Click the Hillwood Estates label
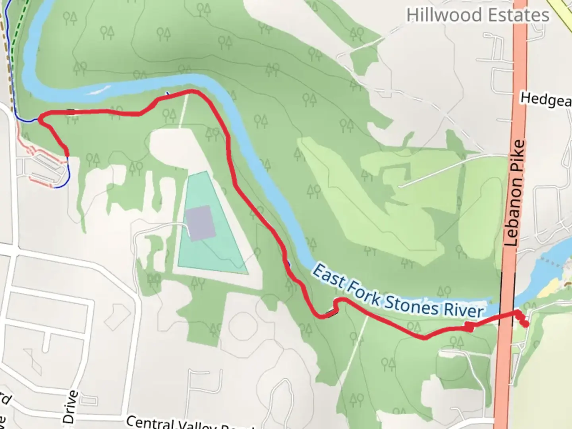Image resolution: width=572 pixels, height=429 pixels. (477, 15)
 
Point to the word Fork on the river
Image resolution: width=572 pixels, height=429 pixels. (361, 290)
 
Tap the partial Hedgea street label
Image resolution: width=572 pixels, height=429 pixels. (546, 100)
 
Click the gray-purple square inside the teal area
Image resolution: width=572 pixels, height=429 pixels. (200, 222)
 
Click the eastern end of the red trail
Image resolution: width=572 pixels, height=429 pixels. (526, 325)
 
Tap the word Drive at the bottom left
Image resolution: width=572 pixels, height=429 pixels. (70, 407)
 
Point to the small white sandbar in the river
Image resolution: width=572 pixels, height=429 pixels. (98, 90)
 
